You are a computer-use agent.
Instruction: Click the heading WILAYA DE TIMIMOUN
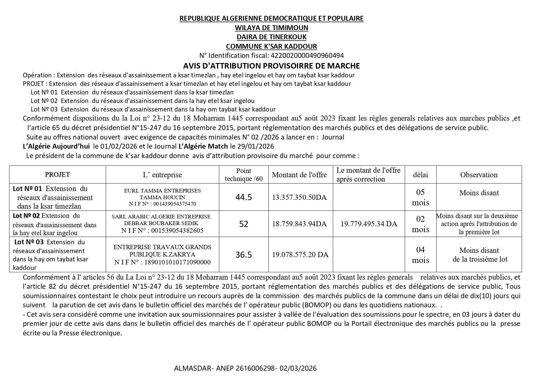click(271, 28)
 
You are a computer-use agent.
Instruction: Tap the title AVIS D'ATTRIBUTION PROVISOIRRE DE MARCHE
click(271, 66)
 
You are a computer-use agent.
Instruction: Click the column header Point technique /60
click(243, 175)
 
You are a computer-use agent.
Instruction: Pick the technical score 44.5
click(243, 197)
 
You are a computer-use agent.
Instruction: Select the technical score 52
click(243, 224)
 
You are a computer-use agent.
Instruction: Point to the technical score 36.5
click(243, 255)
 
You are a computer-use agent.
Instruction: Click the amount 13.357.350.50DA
click(299, 197)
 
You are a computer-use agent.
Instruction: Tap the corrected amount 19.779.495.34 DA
click(369, 224)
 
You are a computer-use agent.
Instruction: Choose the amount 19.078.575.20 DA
click(300, 255)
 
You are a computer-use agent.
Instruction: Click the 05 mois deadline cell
click(420, 197)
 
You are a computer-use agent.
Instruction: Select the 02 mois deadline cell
click(420, 224)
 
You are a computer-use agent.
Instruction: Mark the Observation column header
click(479, 175)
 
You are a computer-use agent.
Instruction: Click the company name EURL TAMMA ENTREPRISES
click(162, 191)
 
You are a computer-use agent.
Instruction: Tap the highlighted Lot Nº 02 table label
click(26, 216)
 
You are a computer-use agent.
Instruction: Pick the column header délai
click(420, 175)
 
